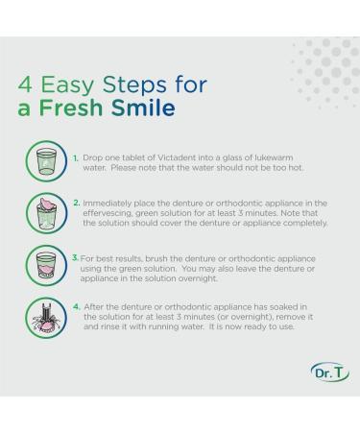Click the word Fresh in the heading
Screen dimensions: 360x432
[x=71, y=108]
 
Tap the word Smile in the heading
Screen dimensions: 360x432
[x=143, y=108]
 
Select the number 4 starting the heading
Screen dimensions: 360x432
[x=25, y=85]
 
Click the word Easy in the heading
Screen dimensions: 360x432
[x=67, y=85]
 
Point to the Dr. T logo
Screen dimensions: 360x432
[x=329, y=372]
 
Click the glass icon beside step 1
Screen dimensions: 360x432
[x=46, y=161]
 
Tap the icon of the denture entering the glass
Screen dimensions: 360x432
[x=46, y=213]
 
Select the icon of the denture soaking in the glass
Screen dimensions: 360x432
[x=46, y=265]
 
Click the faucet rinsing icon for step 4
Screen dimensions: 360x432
[x=46, y=318]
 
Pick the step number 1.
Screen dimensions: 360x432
[x=76, y=158]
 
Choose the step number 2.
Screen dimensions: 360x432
[x=77, y=203]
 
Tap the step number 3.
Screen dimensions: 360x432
[x=75, y=257]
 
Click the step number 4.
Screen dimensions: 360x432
[x=77, y=307]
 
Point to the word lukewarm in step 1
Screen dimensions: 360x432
[x=274, y=157]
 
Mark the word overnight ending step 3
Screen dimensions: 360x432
[x=198, y=278]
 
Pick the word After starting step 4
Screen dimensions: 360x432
[x=93, y=307]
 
